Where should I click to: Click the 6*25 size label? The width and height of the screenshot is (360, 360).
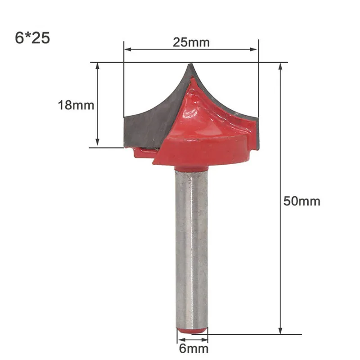(x=32, y=38)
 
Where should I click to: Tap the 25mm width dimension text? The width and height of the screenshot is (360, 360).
(x=191, y=42)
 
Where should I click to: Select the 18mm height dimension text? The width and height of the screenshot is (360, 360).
(x=76, y=105)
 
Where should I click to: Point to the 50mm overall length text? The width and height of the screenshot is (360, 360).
(x=301, y=201)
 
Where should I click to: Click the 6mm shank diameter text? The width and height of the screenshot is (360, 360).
(x=194, y=349)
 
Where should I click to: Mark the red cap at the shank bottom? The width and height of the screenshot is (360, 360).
(x=192, y=331)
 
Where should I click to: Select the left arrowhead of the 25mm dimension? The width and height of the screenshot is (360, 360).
(x=128, y=49)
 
